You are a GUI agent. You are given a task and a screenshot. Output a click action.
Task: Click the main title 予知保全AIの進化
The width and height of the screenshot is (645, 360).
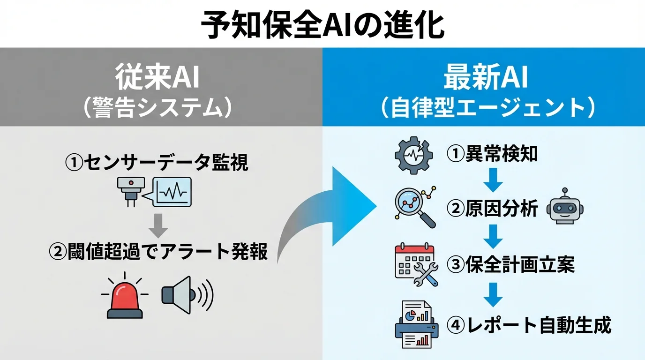(x=322, y=24)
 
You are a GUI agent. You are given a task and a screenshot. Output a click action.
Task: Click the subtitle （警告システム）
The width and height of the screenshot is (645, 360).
(x=157, y=108)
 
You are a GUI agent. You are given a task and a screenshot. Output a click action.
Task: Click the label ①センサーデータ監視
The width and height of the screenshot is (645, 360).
(x=157, y=163)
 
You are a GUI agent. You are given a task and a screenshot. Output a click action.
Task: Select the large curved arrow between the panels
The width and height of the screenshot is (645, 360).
(x=328, y=211)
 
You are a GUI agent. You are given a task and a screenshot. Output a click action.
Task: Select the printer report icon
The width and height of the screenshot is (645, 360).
(x=414, y=325)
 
